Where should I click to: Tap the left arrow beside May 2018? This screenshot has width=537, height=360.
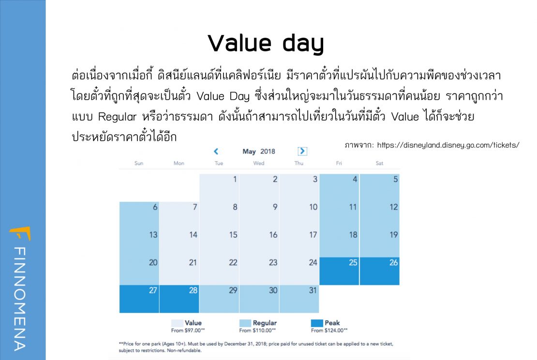pyautogui.click(x=216, y=151)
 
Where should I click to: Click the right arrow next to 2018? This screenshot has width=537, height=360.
pyautogui.click(x=302, y=151)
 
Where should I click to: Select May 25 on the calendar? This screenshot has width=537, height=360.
pyautogui.click(x=339, y=271)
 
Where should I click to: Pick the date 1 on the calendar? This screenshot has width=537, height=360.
pyautogui.click(x=219, y=188)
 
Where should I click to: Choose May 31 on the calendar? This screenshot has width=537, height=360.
pyautogui.click(x=299, y=299)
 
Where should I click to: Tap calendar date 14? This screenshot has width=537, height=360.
pyautogui.click(x=179, y=243)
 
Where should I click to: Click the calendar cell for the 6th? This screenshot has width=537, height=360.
pyautogui.click(x=139, y=215)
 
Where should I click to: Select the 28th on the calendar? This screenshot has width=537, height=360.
pyautogui.click(x=179, y=299)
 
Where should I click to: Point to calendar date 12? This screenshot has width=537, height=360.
pyautogui.click(x=379, y=215)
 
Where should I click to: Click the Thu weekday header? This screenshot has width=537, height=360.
pyautogui.click(x=298, y=164)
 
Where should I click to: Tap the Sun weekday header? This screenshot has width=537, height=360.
pyautogui.click(x=139, y=164)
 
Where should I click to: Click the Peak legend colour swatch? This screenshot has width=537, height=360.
pyautogui.click(x=317, y=323)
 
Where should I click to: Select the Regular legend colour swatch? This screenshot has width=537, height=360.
pyautogui.click(x=245, y=323)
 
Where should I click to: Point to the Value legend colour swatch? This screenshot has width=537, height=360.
pyautogui.click(x=177, y=323)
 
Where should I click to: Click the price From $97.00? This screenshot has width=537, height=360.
pyautogui.click(x=188, y=330)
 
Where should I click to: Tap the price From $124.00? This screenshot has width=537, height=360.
pyautogui.click(x=329, y=330)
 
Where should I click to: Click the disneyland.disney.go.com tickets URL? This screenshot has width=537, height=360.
pyautogui.click(x=448, y=145)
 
